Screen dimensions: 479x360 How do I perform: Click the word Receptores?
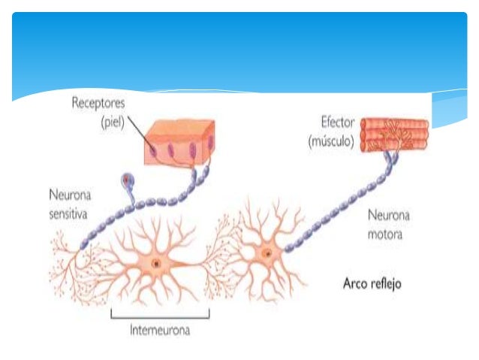click(98, 103)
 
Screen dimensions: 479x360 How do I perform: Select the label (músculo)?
click(330, 141)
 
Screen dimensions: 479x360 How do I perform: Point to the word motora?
click(384, 234)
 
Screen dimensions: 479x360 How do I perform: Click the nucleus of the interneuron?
click(156, 264)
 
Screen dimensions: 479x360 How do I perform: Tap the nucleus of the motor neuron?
click(266, 255)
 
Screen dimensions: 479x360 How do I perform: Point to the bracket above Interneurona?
click(160, 314)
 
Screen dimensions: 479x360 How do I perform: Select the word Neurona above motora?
click(388, 217)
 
